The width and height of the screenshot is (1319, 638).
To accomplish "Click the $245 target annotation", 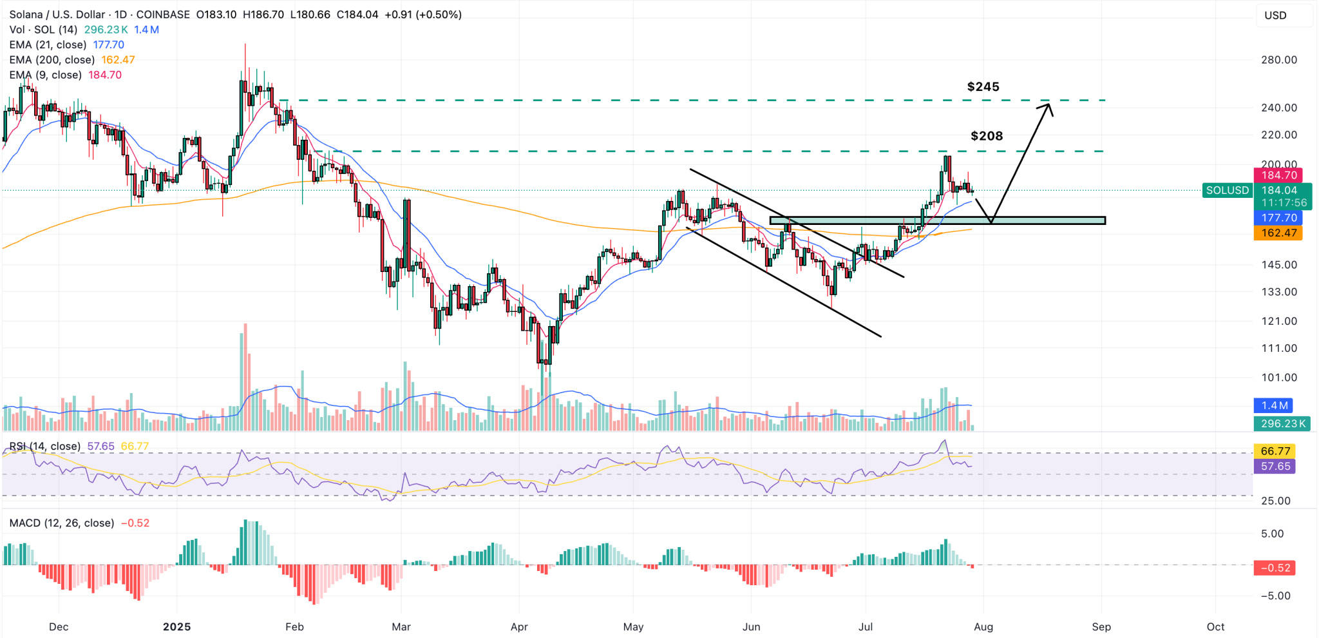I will pyautogui.click(x=983, y=86).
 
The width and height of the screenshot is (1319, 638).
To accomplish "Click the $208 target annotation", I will pyautogui.click(x=987, y=136).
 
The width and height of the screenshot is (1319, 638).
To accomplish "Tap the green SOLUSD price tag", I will pyautogui.click(x=1228, y=190).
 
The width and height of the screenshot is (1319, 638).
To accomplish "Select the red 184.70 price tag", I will pyautogui.click(x=1278, y=175).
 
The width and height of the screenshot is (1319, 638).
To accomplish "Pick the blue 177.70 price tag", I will pyautogui.click(x=1278, y=218).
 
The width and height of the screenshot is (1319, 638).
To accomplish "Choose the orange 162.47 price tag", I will pyautogui.click(x=1278, y=233).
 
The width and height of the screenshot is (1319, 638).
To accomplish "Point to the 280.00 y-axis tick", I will pyautogui.click(x=1278, y=60).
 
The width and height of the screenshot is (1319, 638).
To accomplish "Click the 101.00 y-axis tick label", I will pyautogui.click(x=1278, y=378).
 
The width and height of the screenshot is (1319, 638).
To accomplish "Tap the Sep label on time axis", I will pyautogui.click(x=1101, y=626).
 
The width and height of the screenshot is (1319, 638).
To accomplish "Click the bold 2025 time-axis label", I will pyautogui.click(x=176, y=626).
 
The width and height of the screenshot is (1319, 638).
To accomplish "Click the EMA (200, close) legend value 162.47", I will pyautogui.click(x=118, y=60).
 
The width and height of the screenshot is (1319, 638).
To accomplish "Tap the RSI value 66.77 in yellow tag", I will pyautogui.click(x=1275, y=451).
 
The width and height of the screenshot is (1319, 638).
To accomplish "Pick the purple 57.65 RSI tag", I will pyautogui.click(x=1275, y=466).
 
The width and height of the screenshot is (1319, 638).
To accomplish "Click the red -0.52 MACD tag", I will pyautogui.click(x=1275, y=568).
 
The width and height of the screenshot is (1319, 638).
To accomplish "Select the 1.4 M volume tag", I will pyautogui.click(x=1274, y=405).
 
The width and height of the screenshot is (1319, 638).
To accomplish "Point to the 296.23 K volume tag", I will pyautogui.click(x=1282, y=423).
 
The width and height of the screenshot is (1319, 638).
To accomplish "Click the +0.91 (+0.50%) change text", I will pyautogui.click(x=423, y=14).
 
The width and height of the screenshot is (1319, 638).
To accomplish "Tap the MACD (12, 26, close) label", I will pyautogui.click(x=62, y=523).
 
